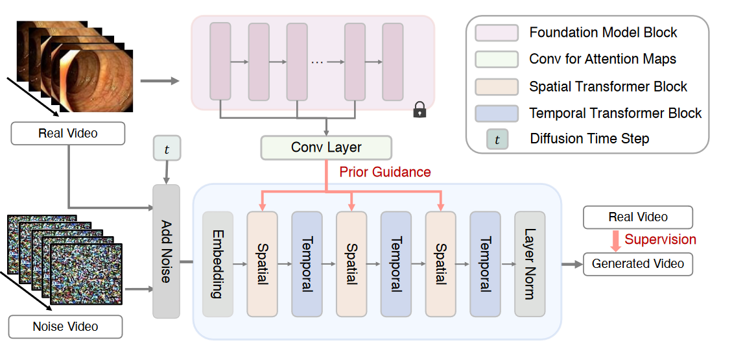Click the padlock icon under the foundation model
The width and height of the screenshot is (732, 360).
419,111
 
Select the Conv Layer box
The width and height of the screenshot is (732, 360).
326,147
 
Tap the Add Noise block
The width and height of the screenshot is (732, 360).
166,251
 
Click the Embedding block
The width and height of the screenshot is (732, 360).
218,264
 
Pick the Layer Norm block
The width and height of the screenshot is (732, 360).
530,264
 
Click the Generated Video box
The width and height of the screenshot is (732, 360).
638,264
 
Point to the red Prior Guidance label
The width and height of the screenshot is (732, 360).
384,173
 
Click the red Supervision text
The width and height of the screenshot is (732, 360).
660,239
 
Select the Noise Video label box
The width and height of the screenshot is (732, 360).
65,326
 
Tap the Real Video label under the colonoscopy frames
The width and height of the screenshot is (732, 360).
68,134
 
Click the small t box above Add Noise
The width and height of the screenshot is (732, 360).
166,150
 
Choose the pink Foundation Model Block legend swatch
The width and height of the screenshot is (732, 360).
496,33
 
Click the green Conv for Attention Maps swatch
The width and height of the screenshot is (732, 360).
496,59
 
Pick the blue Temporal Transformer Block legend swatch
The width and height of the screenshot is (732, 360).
496,114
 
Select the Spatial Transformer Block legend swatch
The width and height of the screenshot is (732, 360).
496,87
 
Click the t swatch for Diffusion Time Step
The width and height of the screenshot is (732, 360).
496,139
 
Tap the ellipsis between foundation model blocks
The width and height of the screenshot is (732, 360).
317,62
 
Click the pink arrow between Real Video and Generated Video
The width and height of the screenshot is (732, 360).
616,240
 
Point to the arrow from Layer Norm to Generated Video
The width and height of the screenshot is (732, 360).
572,264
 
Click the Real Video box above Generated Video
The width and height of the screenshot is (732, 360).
638,217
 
